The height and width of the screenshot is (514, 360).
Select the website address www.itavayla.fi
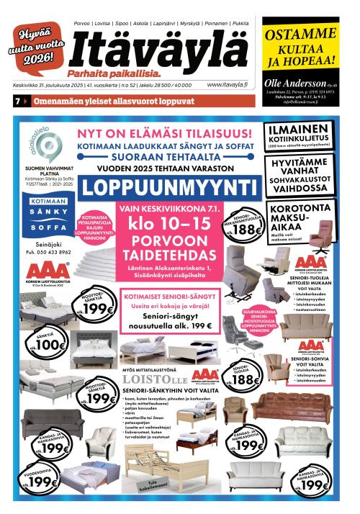click(x=227, y=84)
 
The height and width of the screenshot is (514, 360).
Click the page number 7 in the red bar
click(x=16, y=102)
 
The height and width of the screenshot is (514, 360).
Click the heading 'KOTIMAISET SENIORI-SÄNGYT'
click(x=166, y=296)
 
